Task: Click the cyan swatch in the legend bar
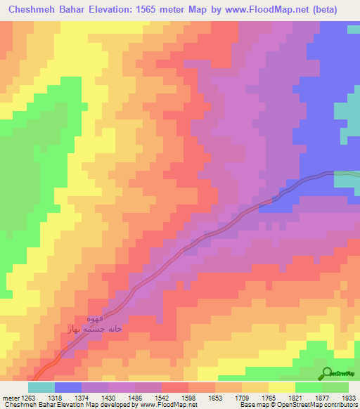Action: tap(41, 387)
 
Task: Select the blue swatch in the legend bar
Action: tap(68, 387)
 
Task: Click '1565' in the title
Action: tap(144, 10)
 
